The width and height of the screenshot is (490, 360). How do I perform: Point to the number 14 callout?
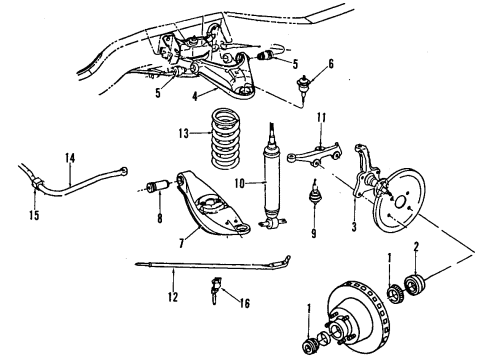tap(69, 157)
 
